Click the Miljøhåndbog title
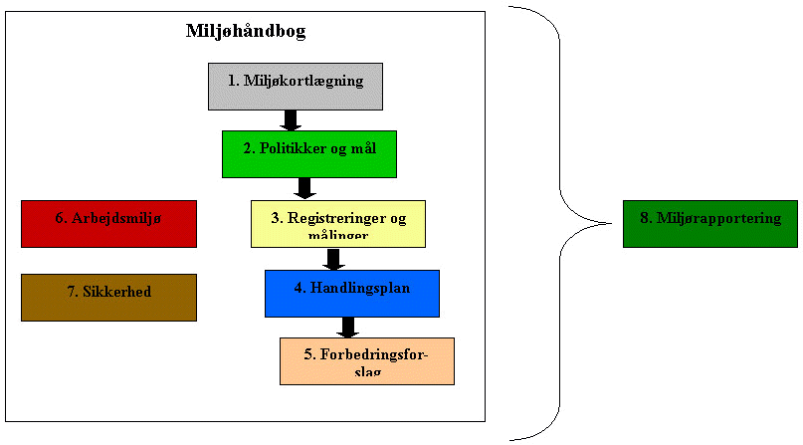click(246, 31)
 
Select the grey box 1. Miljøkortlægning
click(296, 86)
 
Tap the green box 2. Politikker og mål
click(308, 153)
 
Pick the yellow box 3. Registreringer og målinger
click(337, 224)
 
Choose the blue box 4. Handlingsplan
click(352, 293)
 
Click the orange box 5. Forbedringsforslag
click(367, 360)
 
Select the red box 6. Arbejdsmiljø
click(108, 223)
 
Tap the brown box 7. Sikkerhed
click(108, 297)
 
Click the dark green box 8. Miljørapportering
click(709, 223)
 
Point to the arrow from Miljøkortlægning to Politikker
click(291, 119)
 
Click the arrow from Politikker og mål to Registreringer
click(305, 188)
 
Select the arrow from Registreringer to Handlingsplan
click(334, 259)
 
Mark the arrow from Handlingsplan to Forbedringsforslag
click(348, 327)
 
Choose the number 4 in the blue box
click(300, 287)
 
